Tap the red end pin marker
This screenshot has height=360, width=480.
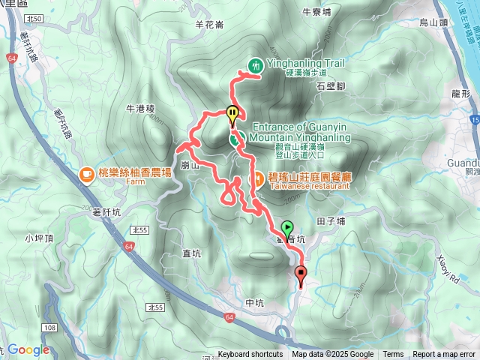(301, 274)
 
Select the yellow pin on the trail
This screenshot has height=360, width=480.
(232, 115)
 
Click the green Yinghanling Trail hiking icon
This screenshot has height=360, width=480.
(256, 66)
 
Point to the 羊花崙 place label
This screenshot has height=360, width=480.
(209, 25)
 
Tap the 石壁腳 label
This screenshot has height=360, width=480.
(330, 87)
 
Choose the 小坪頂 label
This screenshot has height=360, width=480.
(38, 238)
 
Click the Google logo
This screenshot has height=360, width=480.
(28, 349)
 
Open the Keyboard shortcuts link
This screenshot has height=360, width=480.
(250, 355)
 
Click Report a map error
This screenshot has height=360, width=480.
(444, 355)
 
